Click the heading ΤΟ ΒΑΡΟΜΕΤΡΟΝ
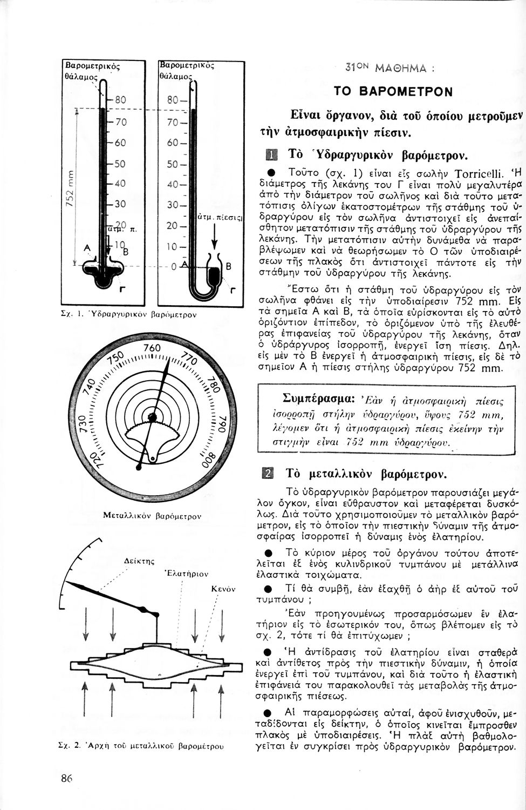coord(393,91)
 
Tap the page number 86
coord(66,778)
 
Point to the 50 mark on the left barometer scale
coord(120,163)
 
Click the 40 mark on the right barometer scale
coord(173,184)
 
